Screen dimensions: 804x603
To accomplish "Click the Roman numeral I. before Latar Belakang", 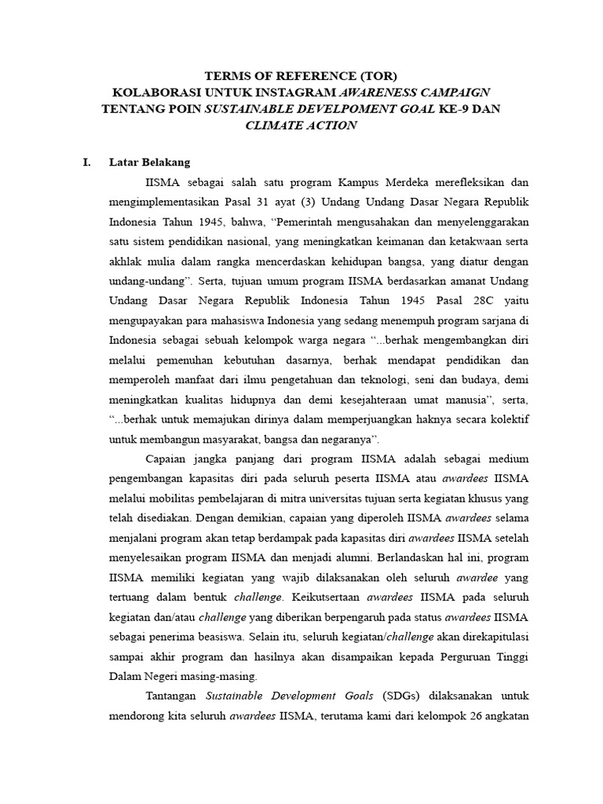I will [87, 163].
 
